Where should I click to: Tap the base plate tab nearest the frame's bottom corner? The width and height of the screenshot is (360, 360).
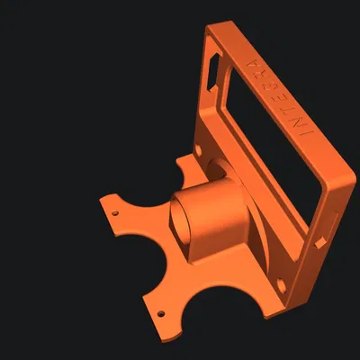click(x=265, y=310)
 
